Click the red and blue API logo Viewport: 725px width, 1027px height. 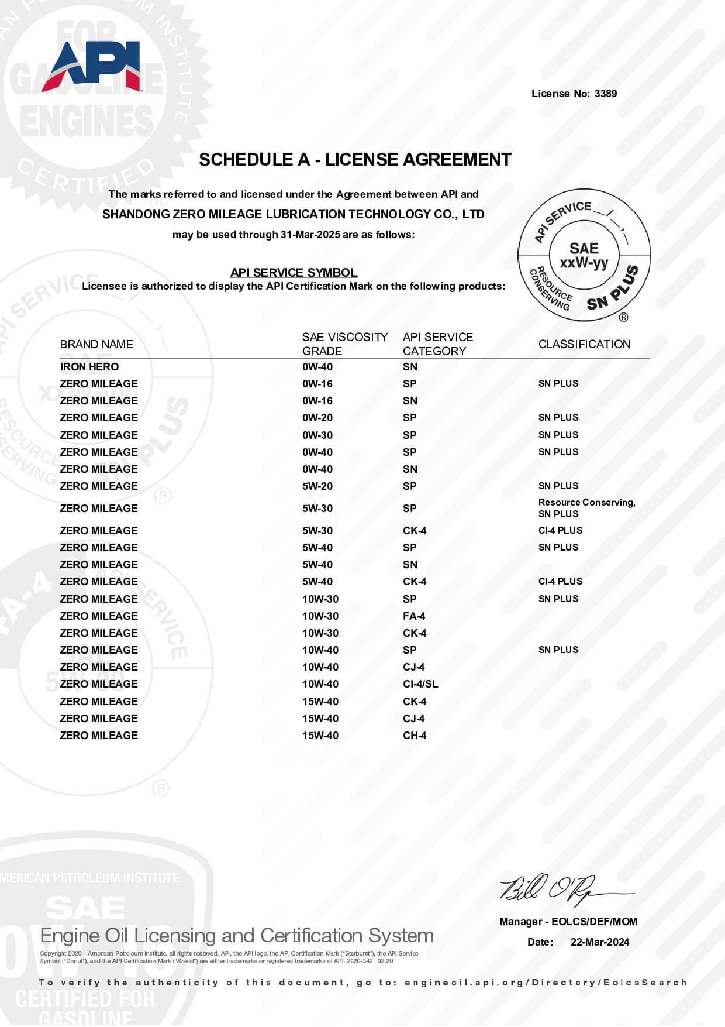pyautogui.click(x=92, y=66)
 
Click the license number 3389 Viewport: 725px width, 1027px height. pyautogui.click(x=606, y=94)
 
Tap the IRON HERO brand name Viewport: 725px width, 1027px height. pyautogui.click(x=89, y=367)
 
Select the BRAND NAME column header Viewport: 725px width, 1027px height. pyautogui.click(x=96, y=344)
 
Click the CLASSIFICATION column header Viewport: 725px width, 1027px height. pyautogui.click(x=584, y=344)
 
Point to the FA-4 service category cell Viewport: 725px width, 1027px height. pyautogui.click(x=414, y=616)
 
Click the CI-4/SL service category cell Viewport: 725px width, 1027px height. pyautogui.click(x=420, y=684)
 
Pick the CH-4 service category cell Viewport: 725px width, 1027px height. pyautogui.click(x=415, y=736)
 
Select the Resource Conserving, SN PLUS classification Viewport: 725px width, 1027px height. pyautogui.click(x=586, y=508)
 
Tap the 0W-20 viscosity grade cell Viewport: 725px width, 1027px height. pyautogui.click(x=317, y=418)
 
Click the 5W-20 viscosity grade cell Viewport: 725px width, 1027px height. pyautogui.click(x=317, y=486)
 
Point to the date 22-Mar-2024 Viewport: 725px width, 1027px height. pyautogui.click(x=600, y=942)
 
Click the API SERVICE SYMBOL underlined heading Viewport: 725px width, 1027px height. pyautogui.click(x=294, y=273)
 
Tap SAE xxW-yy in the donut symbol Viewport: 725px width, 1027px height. pyautogui.click(x=584, y=256)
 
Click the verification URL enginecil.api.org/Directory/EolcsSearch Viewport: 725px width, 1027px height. pyautogui.click(x=545, y=983)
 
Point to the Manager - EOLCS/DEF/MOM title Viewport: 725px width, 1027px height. pyautogui.click(x=568, y=922)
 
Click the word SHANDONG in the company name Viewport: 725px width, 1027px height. pyautogui.click(x=136, y=214)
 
